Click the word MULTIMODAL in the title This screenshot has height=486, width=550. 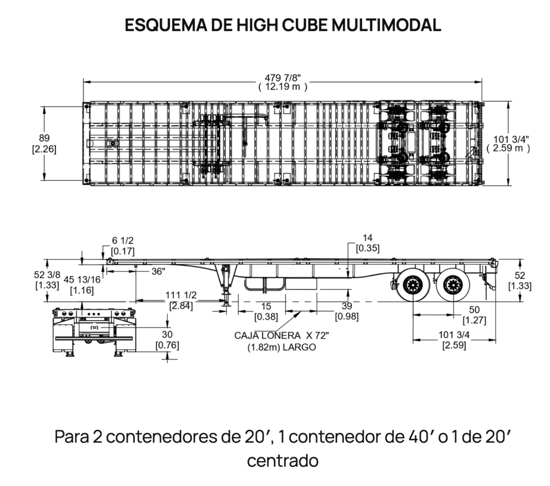(x=386, y=25)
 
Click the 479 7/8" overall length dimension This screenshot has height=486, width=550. (x=283, y=78)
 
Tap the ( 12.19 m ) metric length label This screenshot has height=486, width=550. (x=283, y=86)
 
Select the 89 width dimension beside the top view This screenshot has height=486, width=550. (x=44, y=138)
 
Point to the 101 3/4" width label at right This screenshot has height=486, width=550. (x=511, y=139)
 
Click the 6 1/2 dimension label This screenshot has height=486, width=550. (x=123, y=241)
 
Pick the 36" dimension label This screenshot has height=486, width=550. (x=158, y=271)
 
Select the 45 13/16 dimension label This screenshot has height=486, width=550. (x=82, y=279)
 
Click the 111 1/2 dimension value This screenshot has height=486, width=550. (x=181, y=295)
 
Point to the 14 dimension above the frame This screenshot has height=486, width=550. (x=367, y=238)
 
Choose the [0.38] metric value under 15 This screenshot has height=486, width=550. (x=266, y=317)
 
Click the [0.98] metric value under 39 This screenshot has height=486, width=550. (x=347, y=316)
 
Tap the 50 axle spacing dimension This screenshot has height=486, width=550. (x=474, y=310)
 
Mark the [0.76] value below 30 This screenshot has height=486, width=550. (x=168, y=345)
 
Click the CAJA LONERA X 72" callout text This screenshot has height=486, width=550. (x=281, y=336)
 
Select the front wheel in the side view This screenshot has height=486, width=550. (x=413, y=285)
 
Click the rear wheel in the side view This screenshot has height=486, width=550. (x=453, y=285)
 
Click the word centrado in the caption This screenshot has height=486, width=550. (x=283, y=461)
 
